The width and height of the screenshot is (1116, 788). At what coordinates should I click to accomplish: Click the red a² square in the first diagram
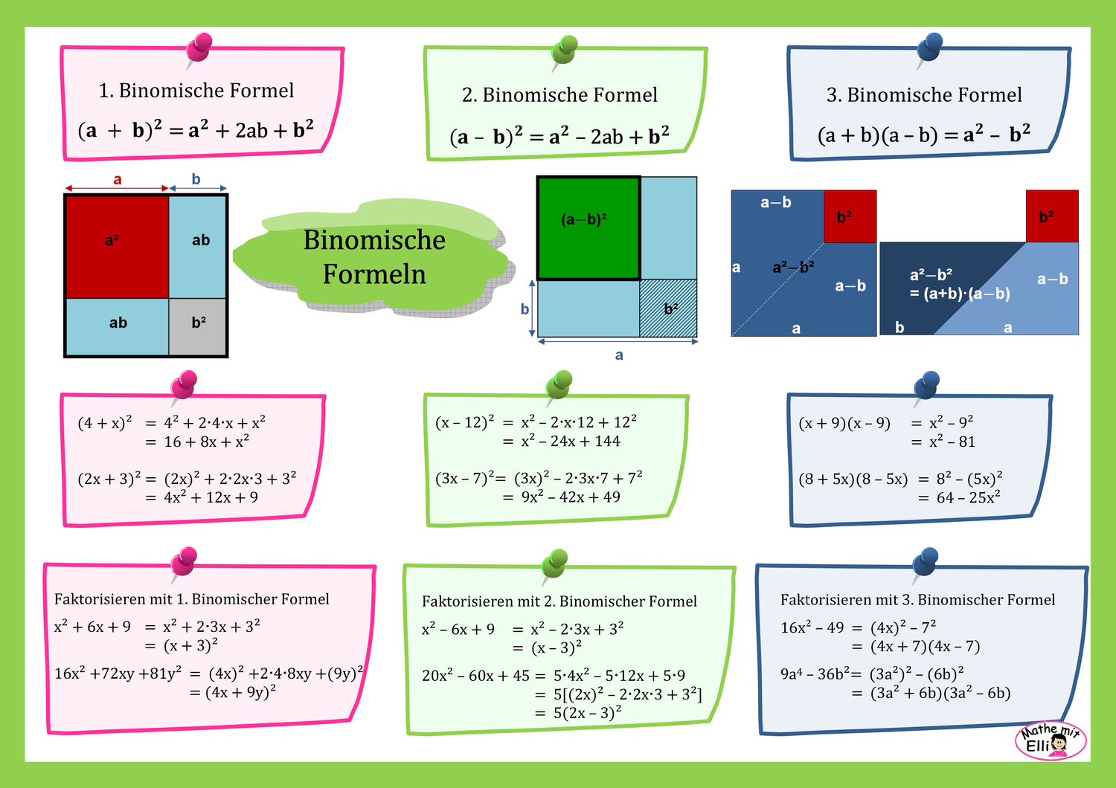point(117,246)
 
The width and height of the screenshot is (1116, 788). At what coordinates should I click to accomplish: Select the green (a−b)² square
point(589,228)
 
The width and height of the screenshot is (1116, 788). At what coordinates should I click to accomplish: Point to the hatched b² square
point(668,309)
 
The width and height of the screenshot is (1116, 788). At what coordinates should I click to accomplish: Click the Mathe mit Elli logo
point(1051,740)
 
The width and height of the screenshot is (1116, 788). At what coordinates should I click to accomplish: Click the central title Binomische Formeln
point(374,257)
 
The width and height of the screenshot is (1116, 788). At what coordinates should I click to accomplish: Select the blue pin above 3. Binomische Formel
point(929,49)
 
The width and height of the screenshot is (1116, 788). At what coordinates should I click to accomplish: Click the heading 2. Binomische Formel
point(559,95)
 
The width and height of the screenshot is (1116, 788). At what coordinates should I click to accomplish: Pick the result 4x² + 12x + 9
point(211,497)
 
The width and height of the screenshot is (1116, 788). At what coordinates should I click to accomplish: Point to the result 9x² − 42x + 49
point(570,497)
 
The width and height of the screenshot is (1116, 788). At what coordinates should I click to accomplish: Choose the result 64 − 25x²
point(968,497)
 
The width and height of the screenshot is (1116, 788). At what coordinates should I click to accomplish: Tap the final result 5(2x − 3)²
point(587,713)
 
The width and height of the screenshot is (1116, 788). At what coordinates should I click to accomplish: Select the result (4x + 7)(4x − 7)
point(925,647)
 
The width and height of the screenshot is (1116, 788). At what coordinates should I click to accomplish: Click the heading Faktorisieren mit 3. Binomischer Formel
point(917,600)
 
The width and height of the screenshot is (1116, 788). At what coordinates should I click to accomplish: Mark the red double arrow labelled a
point(117,187)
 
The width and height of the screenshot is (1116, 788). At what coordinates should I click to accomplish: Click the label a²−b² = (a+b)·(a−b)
point(959,285)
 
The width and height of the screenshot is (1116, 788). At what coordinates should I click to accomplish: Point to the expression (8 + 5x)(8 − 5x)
point(853,479)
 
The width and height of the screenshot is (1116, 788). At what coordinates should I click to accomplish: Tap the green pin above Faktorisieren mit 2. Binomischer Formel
point(556,564)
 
